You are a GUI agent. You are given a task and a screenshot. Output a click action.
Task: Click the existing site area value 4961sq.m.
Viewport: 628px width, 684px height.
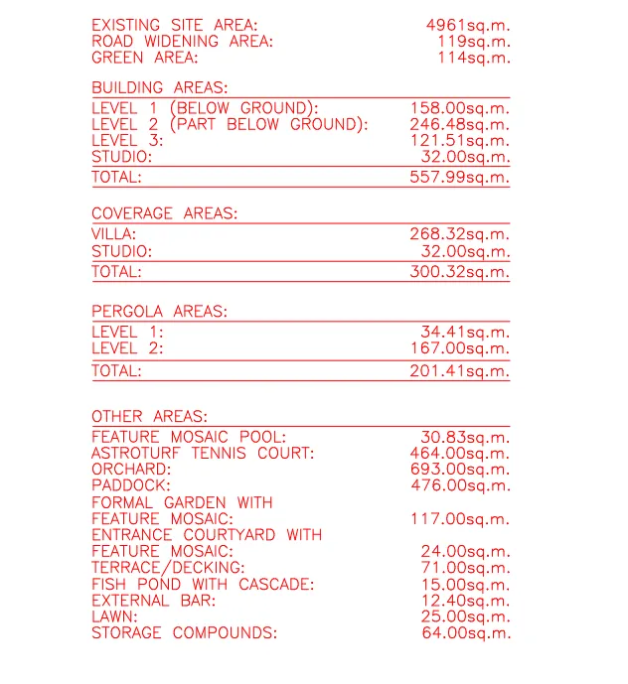tap(468, 25)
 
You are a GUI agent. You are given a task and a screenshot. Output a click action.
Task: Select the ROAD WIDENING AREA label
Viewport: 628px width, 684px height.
tap(182, 42)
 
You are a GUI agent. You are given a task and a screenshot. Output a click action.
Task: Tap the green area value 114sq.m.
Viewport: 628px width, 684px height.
tap(474, 58)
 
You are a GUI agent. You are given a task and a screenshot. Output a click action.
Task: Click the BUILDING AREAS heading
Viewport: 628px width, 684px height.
tap(159, 87)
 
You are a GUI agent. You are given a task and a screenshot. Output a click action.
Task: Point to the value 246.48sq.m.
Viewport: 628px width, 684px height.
tap(459, 124)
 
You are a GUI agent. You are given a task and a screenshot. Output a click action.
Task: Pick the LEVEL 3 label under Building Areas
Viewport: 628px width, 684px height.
tap(127, 141)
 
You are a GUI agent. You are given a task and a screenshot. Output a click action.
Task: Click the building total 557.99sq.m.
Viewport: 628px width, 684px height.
tap(459, 178)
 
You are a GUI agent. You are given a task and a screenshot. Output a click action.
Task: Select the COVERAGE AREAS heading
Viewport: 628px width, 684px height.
tap(164, 213)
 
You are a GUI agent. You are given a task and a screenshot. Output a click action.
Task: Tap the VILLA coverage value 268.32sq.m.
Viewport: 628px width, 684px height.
tap(459, 234)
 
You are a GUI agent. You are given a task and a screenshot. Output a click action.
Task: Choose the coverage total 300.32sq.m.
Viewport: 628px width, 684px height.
tap(459, 271)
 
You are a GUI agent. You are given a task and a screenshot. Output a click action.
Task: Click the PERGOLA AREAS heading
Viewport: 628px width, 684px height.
tap(159, 312)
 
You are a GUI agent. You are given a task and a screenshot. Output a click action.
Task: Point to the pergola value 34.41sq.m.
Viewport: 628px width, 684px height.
tap(464, 332)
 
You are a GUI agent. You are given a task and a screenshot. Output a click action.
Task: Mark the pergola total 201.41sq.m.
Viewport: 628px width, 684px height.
tap(459, 371)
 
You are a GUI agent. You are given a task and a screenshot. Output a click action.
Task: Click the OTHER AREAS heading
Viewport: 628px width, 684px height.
tap(149, 416)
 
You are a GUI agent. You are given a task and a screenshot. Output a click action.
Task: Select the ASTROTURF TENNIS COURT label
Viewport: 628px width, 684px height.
tap(203, 454)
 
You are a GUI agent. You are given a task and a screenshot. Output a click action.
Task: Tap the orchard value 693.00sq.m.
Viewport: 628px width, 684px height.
tap(460, 470)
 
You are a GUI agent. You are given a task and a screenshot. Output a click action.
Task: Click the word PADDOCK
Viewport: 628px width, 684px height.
tap(131, 485)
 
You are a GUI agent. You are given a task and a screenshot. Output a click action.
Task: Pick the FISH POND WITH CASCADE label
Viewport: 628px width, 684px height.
tap(203, 584)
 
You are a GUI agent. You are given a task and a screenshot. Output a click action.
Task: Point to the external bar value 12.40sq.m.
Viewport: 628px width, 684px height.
tap(464, 601)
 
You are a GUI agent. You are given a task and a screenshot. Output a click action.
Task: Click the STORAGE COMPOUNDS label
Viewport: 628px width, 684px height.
tap(184, 633)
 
